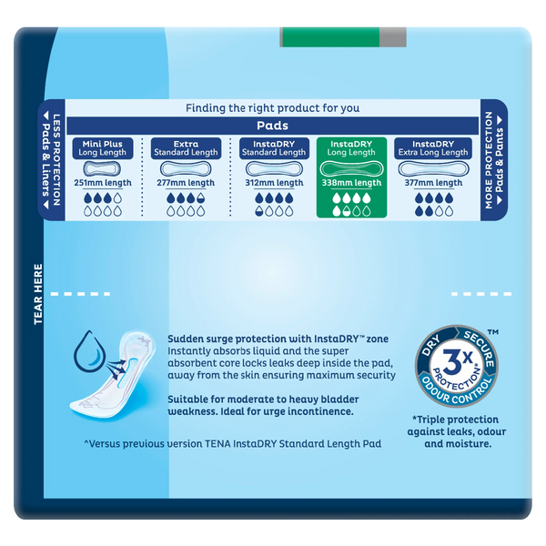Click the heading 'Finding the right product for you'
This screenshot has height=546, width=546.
tap(272, 107)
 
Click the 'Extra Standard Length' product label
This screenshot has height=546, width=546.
tap(187, 147)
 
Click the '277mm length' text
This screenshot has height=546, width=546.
tap(187, 182)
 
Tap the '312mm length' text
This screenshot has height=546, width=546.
tap(270, 182)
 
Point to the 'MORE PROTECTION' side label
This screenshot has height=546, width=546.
tap(489, 164)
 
